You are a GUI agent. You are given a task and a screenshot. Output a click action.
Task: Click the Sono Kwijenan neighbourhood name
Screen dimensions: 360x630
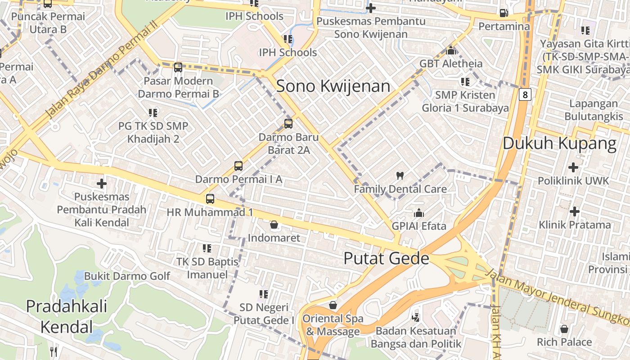click(x=333, y=86)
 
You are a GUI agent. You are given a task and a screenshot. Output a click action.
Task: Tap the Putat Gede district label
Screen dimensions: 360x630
click(x=386, y=258)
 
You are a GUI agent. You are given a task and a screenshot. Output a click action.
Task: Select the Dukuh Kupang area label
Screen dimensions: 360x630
click(x=559, y=144)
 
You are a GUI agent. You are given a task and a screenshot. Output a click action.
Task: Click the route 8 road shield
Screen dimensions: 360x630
click(x=525, y=94)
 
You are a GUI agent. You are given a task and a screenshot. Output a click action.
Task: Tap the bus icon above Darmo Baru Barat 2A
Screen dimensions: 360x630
click(x=288, y=123)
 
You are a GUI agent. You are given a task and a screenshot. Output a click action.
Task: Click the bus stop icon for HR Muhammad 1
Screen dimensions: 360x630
click(x=210, y=198)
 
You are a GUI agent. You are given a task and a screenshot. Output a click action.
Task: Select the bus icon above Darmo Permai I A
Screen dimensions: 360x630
click(x=238, y=166)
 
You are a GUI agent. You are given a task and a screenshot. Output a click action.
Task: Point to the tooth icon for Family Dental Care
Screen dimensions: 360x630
click(x=400, y=175)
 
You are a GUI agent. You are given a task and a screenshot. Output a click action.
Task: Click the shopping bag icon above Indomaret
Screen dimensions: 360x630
click(x=274, y=224)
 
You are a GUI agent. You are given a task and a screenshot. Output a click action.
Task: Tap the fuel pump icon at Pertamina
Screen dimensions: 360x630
click(x=504, y=13)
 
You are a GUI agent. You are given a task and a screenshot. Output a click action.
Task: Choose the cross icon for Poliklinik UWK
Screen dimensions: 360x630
click(x=573, y=167)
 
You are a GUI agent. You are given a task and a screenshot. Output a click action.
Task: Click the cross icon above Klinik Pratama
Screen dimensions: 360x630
click(x=574, y=211)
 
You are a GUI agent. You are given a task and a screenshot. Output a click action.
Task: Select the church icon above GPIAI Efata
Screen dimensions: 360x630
click(x=419, y=212)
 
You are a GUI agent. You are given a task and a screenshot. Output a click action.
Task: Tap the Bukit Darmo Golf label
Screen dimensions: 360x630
click(x=127, y=276)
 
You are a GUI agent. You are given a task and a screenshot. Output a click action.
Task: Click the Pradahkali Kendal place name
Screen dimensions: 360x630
click(x=67, y=316)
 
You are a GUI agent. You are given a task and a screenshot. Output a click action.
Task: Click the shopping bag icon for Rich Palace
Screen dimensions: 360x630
click(x=564, y=329)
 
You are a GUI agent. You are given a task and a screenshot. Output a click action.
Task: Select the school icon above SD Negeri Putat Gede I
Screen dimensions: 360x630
click(x=264, y=294)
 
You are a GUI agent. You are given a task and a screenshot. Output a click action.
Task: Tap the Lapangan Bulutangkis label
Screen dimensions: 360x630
click(x=593, y=110)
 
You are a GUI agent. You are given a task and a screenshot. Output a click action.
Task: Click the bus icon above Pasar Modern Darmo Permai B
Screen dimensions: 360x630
click(x=178, y=67)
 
